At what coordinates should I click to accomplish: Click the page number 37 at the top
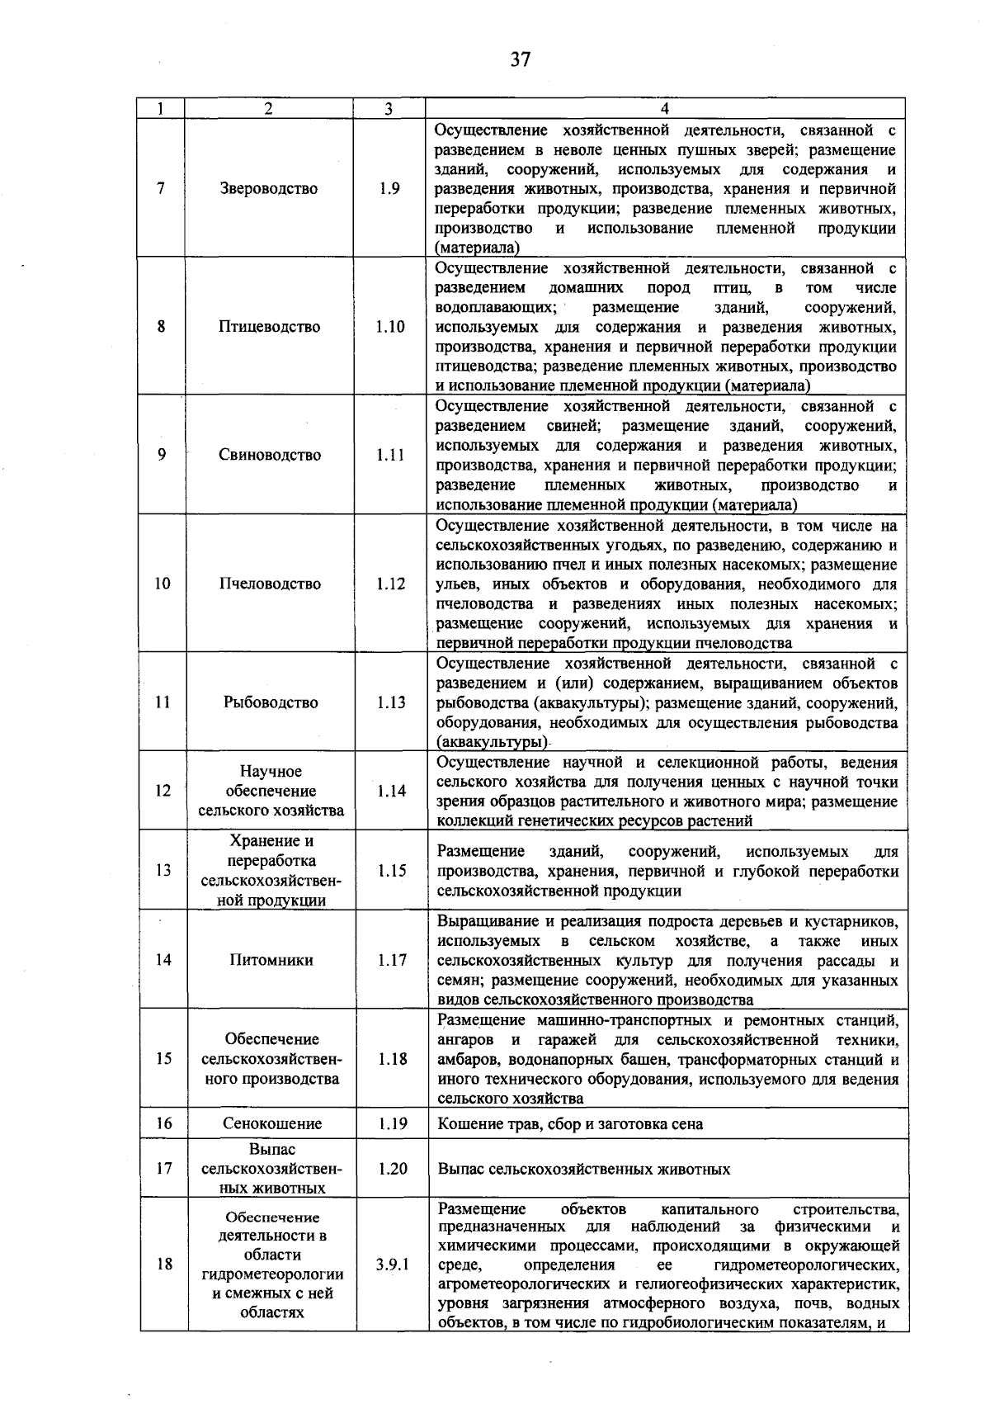520,59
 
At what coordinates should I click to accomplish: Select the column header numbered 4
665,109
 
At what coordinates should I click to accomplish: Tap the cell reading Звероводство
269,188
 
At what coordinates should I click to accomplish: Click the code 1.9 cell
390,188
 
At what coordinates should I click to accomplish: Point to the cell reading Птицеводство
269,327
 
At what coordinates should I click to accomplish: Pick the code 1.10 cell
390,327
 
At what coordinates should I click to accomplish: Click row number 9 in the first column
162,455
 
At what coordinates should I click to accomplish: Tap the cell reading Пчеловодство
270,584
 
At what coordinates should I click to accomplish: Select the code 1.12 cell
391,584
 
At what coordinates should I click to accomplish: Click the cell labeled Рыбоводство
271,702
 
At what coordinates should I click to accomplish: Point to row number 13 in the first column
163,870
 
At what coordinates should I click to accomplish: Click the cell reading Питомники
271,960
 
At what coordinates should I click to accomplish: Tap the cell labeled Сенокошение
272,1123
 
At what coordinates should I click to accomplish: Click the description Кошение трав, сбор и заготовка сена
570,1124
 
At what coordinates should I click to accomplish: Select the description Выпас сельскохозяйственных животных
584,1170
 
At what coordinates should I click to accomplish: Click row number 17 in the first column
164,1169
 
